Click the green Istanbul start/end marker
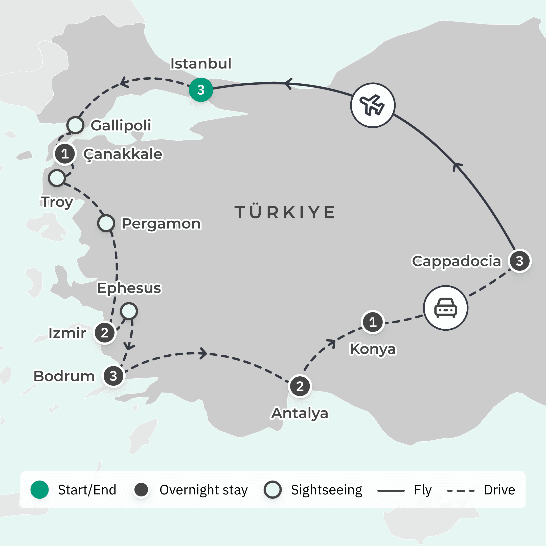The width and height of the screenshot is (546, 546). pos(201,90)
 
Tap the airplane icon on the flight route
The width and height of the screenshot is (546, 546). pos(373,105)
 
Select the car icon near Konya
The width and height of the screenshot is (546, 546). pos(445,308)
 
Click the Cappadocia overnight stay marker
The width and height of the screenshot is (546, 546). pos(519,261)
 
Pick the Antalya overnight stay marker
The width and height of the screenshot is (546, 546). pos(300,386)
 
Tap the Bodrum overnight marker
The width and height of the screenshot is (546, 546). pos(113,376)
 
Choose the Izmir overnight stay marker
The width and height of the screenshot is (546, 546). pos(105,333)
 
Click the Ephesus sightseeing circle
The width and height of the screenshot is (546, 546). pos(129,311)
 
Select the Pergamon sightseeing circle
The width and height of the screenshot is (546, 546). pos(106,223)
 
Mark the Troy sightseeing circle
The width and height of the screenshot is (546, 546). pos(57,178)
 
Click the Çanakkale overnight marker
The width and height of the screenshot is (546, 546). pos(65,154)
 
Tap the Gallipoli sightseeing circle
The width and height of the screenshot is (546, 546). pos(75,125)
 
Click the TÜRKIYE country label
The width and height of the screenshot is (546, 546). pos(285,212)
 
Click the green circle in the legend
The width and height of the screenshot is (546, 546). pos(40,489)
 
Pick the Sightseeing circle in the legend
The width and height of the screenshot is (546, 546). pos(272,489)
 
